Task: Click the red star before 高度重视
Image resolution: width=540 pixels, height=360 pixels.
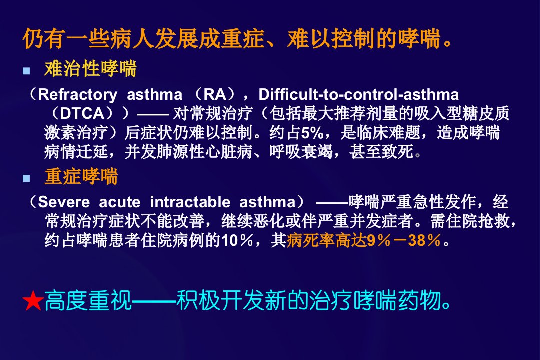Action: (33, 300)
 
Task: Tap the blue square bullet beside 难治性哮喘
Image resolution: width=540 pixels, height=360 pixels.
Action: (26, 71)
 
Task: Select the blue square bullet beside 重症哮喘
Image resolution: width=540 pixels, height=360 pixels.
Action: (26, 178)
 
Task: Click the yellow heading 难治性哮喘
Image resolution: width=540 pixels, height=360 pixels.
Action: (91, 68)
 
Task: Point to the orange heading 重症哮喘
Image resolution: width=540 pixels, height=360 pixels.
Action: (81, 176)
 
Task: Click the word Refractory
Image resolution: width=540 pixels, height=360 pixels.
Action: (78, 95)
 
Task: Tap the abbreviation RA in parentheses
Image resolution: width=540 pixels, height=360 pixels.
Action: (215, 94)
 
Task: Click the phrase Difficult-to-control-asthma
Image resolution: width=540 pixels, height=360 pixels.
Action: (359, 94)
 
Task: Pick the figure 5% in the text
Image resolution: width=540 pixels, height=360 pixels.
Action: (312, 133)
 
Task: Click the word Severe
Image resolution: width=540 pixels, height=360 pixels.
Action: (64, 202)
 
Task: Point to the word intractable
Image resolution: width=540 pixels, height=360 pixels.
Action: (190, 202)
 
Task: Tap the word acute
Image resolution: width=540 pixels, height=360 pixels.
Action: (120, 202)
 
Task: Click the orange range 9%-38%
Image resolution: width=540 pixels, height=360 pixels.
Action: (404, 240)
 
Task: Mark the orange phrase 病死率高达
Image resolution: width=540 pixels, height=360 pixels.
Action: (327, 240)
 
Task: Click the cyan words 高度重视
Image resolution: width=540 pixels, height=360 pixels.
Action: (88, 300)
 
